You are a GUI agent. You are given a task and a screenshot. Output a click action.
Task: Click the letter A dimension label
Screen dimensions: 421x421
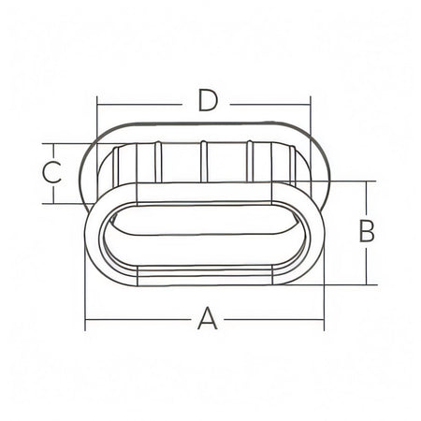click(208, 318)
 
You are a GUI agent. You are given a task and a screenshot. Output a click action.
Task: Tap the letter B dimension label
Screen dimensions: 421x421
click(367, 231)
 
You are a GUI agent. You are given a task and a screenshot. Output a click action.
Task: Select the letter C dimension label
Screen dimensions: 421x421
click(51, 172)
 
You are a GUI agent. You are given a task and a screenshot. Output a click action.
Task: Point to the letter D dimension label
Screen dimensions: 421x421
click(208, 100)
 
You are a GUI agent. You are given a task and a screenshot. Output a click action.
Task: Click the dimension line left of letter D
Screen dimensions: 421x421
click(138, 105)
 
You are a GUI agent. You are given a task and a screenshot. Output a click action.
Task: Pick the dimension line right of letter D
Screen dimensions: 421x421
click(270, 105)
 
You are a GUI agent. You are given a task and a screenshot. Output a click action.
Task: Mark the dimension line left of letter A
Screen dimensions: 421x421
click(138, 320)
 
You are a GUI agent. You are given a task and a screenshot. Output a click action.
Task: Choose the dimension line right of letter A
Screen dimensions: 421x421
click(274, 320)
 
